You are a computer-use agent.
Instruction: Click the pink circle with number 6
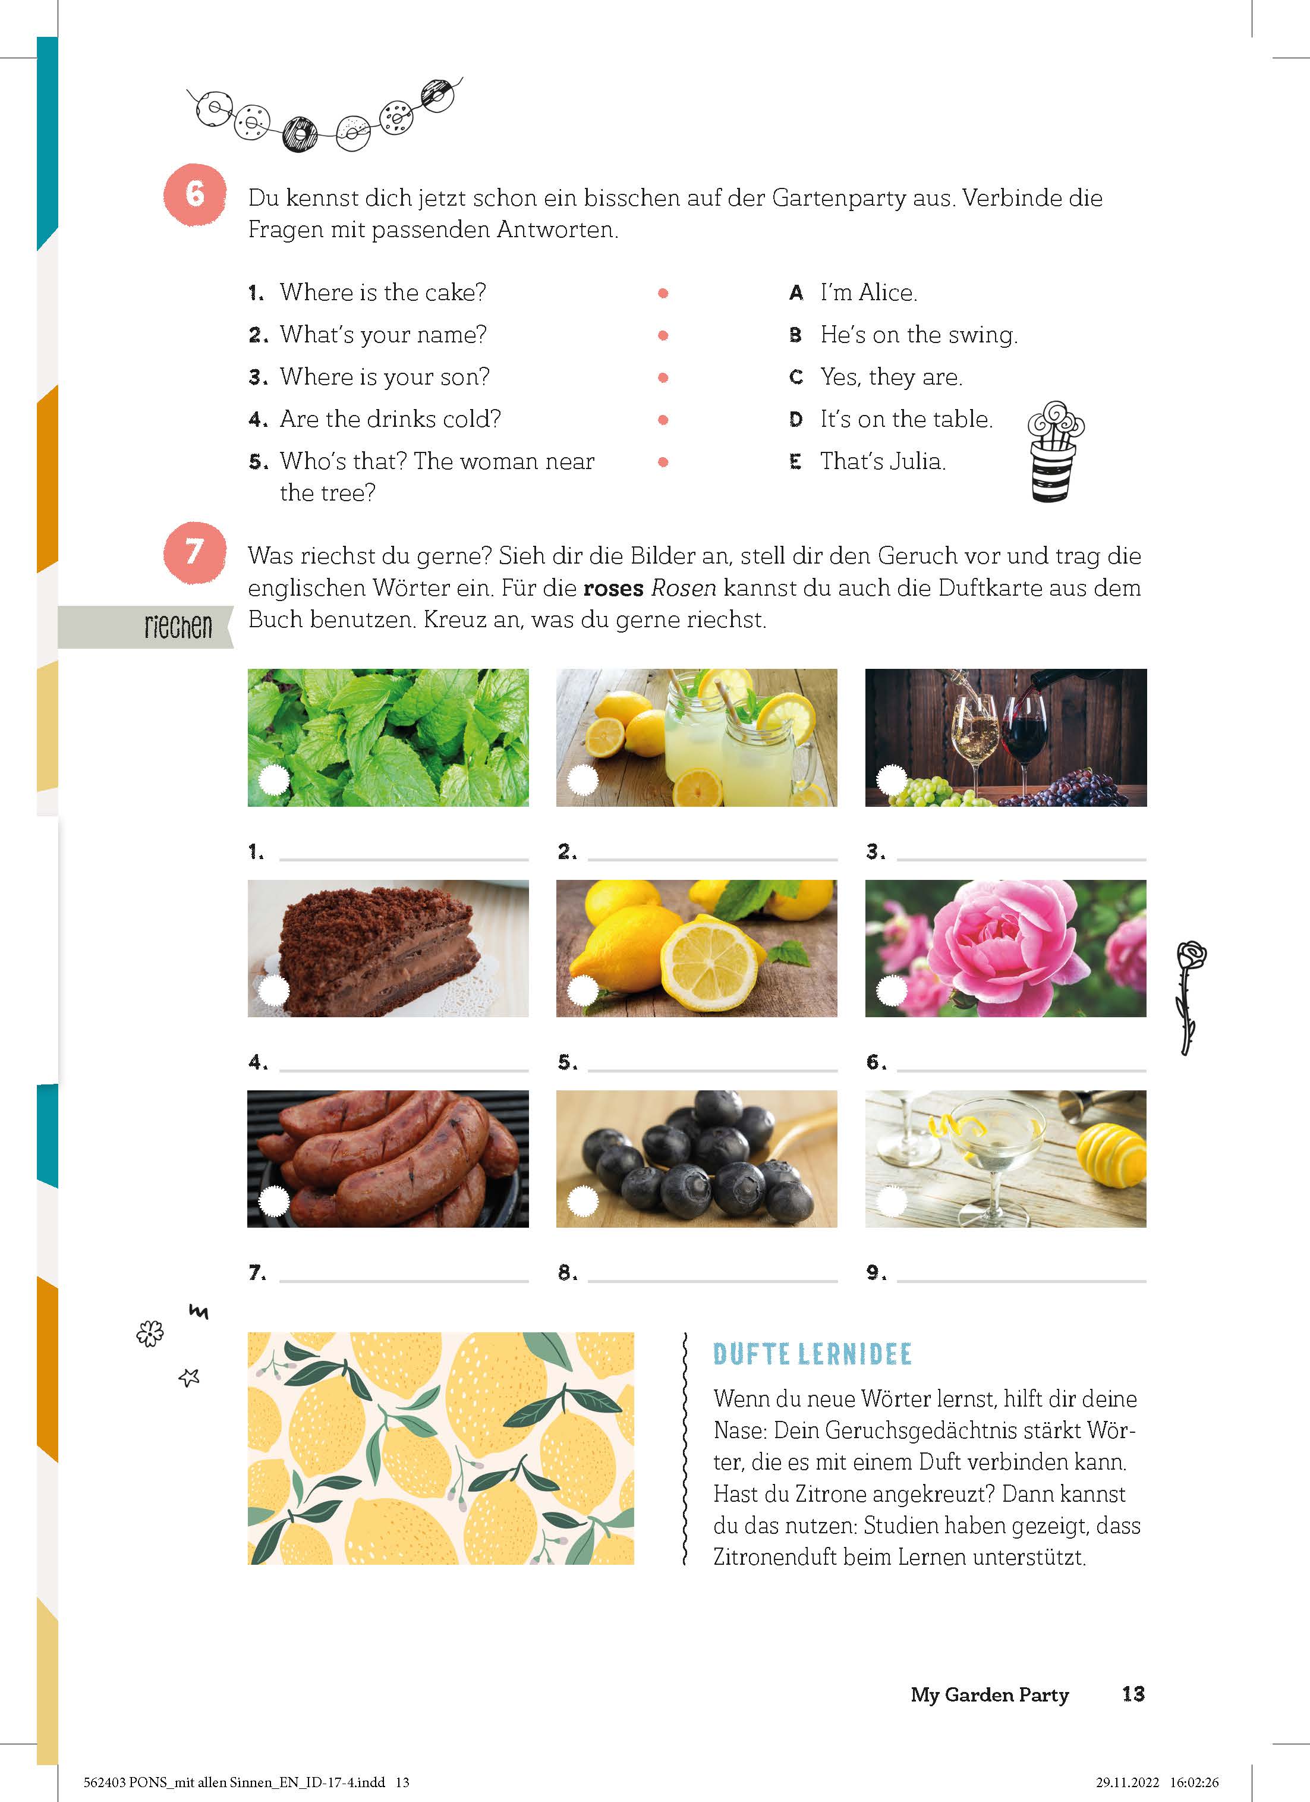194,194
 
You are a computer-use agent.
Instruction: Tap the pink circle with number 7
194,552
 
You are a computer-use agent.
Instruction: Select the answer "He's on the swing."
918,335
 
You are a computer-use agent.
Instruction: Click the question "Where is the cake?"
383,293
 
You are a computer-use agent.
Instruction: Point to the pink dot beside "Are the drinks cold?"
663,420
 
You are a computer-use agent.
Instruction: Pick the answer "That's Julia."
883,461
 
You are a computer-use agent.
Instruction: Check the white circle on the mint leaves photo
274,779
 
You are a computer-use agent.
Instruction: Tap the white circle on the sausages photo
274,1202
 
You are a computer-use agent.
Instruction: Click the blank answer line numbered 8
713,1280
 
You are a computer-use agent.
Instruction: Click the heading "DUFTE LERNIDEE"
812,1354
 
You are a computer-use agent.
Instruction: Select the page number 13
1133,1694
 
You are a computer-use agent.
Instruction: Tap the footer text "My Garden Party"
990,1695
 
